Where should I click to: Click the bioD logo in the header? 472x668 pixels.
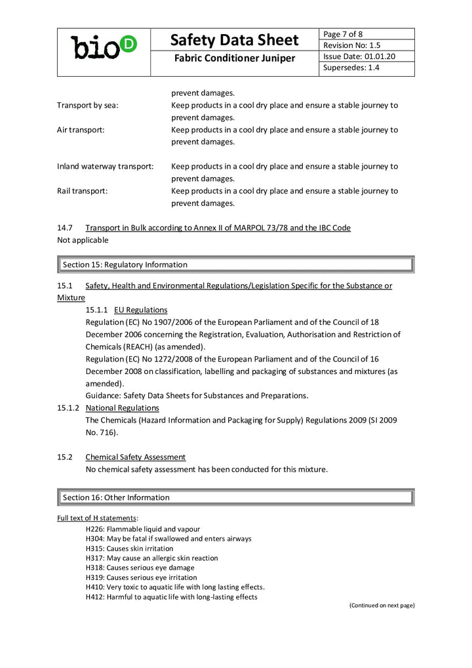tap(104, 47)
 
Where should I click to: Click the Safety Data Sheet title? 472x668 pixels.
tap(235, 40)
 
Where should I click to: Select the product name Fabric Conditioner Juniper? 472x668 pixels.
tap(235, 59)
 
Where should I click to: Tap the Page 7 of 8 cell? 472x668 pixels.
tap(344, 34)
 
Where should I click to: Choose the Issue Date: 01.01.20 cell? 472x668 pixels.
tap(359, 56)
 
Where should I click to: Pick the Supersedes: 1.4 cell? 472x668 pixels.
tap(351, 68)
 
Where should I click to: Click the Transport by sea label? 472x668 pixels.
tap(88, 105)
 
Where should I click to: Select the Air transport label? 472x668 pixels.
tap(81, 130)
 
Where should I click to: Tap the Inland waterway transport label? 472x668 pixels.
tap(106, 167)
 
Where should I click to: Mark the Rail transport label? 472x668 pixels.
tap(83, 191)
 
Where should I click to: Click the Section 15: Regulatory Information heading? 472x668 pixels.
tap(125, 265)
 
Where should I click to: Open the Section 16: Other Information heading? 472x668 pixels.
tap(116, 497)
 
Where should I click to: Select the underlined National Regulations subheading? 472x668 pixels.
tap(122, 407)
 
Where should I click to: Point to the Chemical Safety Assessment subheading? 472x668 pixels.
tap(135, 457)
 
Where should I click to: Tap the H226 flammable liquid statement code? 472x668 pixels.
tap(95, 529)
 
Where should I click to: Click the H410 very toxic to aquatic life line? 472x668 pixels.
tap(174, 587)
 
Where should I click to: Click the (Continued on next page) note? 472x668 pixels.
tap(382, 605)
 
